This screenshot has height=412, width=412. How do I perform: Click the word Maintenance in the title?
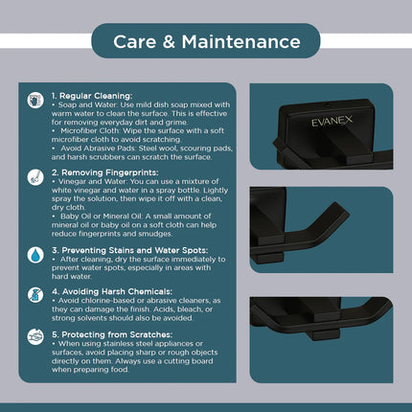(x=240, y=42)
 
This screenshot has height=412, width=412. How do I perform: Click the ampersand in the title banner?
(x=169, y=42)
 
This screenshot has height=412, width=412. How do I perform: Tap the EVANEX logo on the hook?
(x=332, y=122)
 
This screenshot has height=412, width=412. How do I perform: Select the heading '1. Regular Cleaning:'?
(x=92, y=96)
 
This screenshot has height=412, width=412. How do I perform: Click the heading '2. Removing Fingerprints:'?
(x=105, y=172)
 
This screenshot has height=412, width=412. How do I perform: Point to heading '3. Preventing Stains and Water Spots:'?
(x=130, y=250)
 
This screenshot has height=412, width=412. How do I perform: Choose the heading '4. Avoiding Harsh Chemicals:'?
(x=112, y=291)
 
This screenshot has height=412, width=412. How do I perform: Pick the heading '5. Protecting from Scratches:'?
(x=112, y=334)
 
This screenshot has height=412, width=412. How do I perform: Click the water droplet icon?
(x=35, y=255)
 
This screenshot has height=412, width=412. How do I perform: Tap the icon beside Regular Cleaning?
(x=35, y=101)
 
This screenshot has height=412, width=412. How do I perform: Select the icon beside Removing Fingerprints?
(x=35, y=177)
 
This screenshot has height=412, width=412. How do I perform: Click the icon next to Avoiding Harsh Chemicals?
(x=35, y=295)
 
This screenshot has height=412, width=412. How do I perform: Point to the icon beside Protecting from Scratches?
(x=35, y=337)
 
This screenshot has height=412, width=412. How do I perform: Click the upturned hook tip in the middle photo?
(x=337, y=211)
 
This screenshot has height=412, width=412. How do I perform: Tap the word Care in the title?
(x=134, y=42)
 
